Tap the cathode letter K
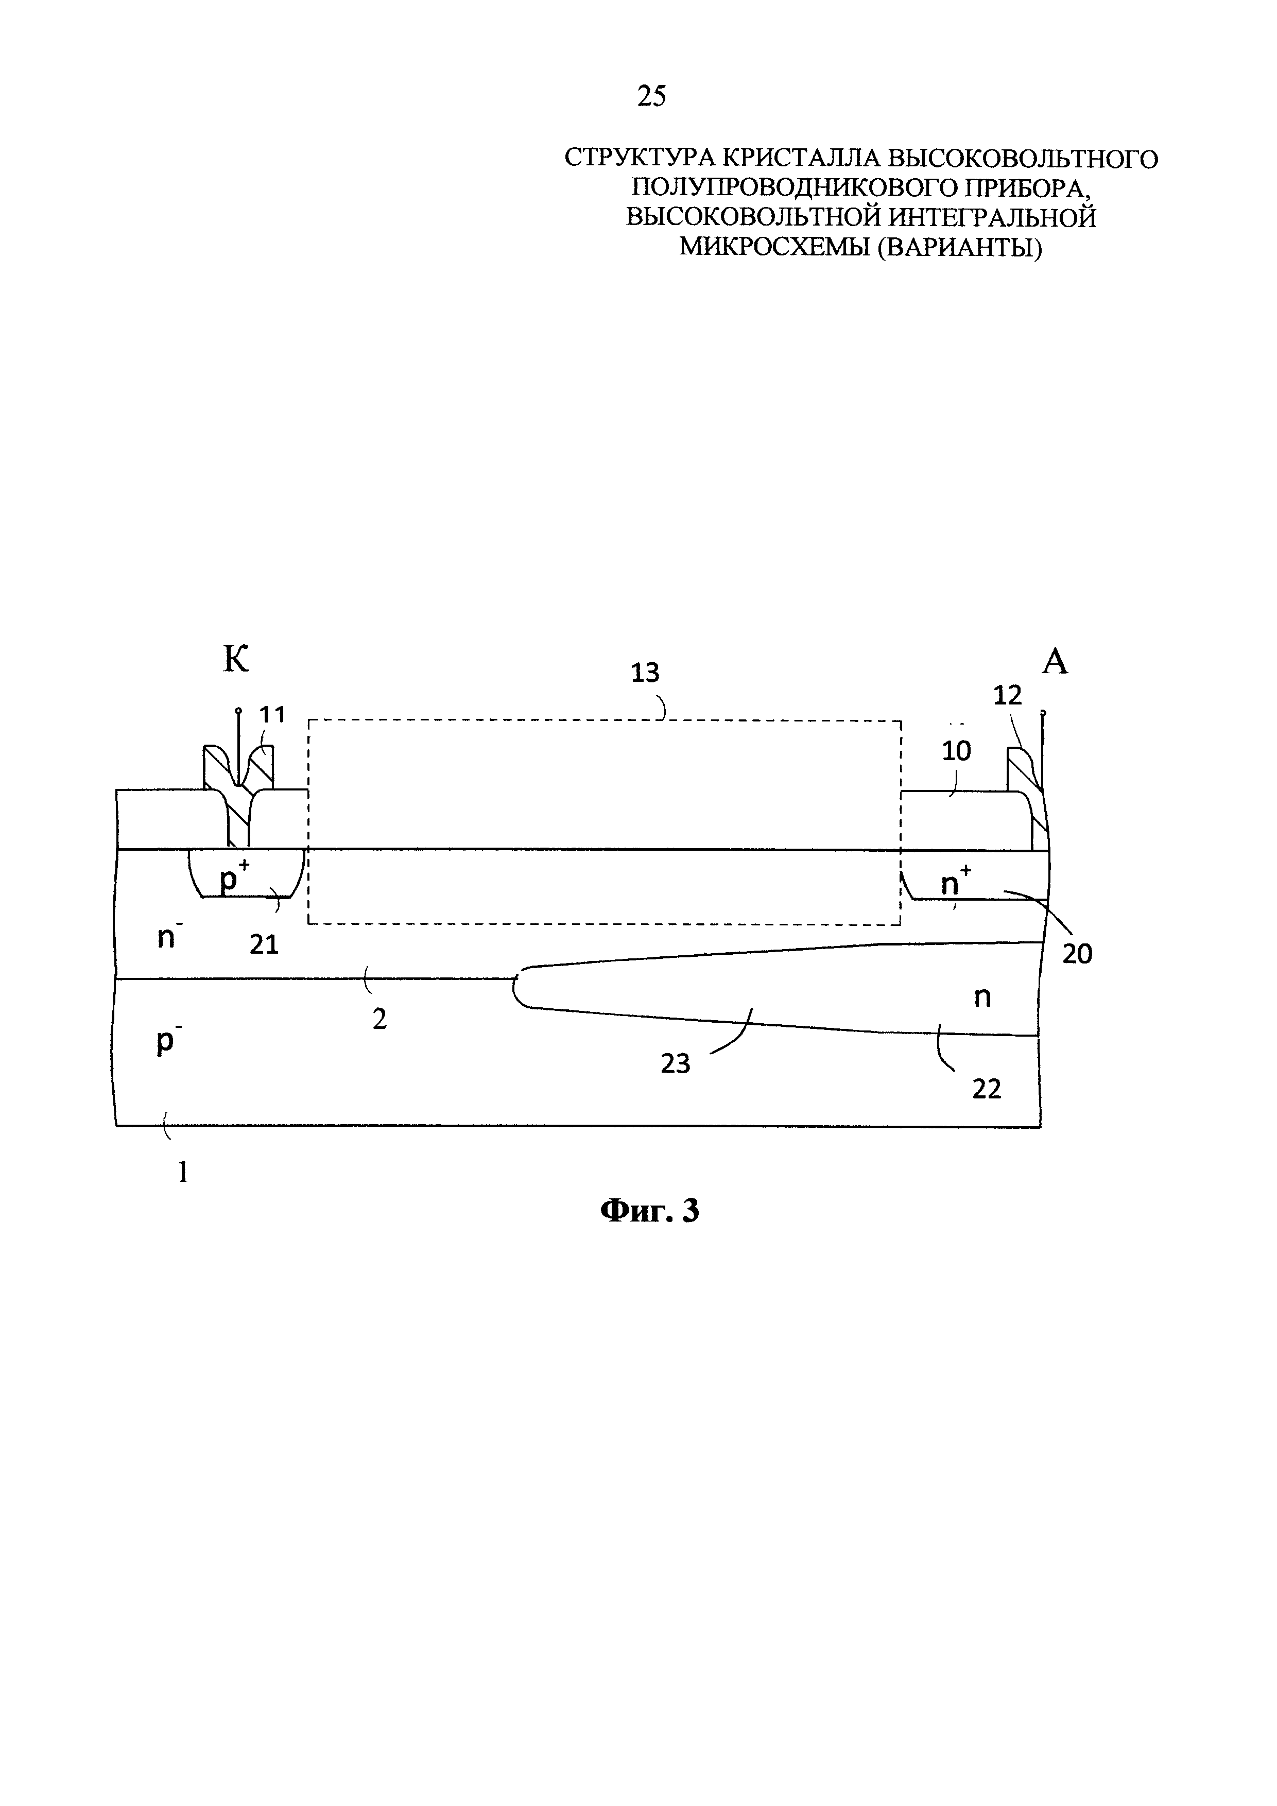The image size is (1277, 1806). [x=236, y=659]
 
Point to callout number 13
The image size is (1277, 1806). [x=646, y=673]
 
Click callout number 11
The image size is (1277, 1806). [x=272, y=714]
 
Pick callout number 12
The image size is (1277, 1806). [x=1007, y=695]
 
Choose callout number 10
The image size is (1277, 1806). [x=956, y=751]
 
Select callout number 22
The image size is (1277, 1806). [x=987, y=1090]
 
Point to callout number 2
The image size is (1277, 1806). [x=380, y=1020]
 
